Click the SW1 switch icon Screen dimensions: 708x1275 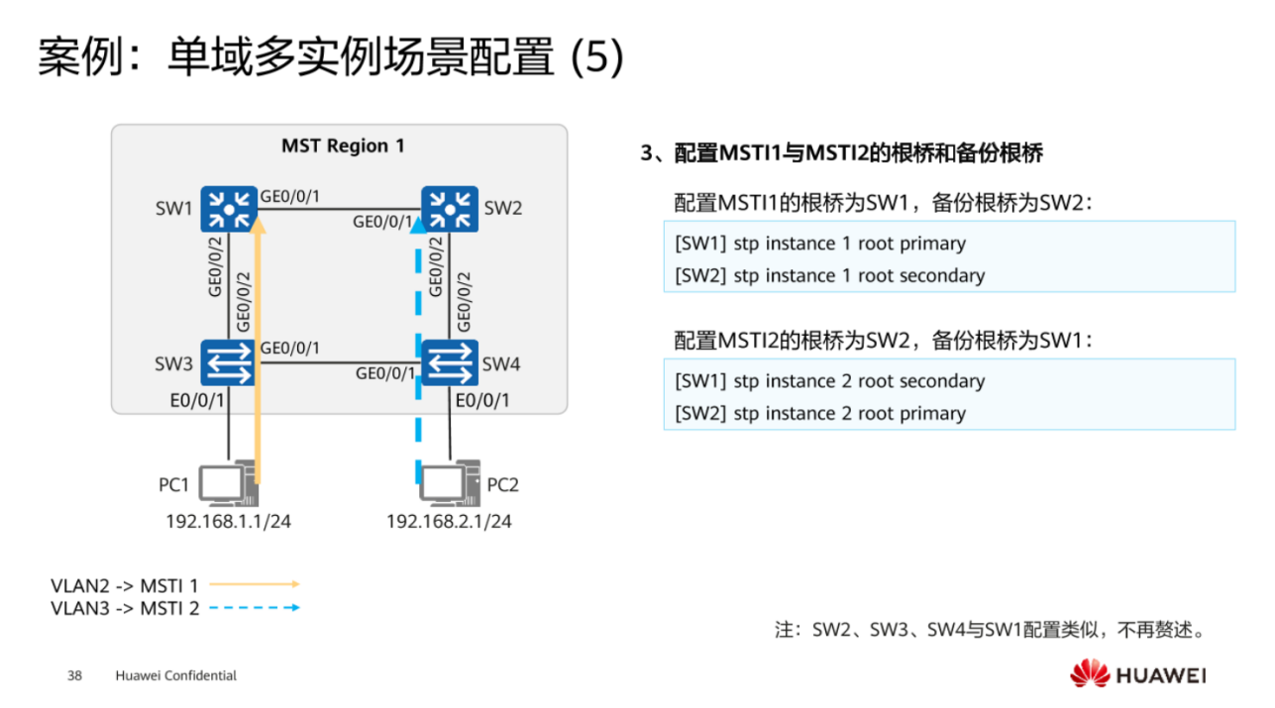[x=229, y=208]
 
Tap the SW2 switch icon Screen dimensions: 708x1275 [x=450, y=208]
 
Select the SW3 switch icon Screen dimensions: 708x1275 [x=229, y=362]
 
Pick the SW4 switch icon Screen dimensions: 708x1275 [x=450, y=362]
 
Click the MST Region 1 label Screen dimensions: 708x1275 [x=343, y=146]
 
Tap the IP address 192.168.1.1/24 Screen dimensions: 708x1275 [x=228, y=521]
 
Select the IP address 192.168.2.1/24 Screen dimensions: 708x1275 [x=449, y=521]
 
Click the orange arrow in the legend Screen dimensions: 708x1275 [x=254, y=585]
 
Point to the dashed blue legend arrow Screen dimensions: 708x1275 [x=254, y=608]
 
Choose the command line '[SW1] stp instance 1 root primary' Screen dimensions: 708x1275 [x=819, y=244]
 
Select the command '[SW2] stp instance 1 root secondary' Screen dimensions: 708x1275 [x=829, y=276]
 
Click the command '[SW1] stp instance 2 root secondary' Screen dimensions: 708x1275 [x=829, y=381]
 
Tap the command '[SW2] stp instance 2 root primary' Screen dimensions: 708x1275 [x=819, y=414]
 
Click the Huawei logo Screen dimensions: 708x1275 [x=1136, y=675]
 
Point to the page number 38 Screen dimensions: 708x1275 [x=74, y=676]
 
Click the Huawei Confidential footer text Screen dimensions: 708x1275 [x=175, y=676]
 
